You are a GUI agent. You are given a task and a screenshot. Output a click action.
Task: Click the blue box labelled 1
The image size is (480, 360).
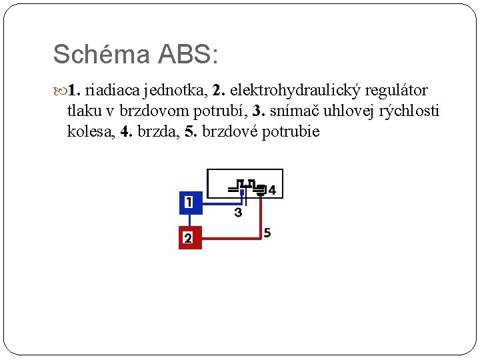coord(190,202)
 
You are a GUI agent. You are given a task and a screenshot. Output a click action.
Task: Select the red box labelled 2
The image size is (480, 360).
coord(190,238)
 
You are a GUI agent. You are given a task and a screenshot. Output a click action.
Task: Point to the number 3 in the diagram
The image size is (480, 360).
coord(238,213)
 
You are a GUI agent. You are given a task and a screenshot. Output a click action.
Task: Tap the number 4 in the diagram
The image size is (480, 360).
coord(271,191)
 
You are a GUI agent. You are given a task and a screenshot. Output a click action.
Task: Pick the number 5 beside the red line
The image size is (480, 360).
coord(267,233)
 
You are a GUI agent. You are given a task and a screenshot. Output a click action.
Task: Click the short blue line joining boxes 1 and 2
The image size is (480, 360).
coord(190,220)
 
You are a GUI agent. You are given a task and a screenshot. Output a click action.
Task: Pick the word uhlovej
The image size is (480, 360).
coord(351,111)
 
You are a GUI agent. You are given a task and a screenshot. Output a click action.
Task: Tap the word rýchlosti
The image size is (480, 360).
coord(409,111)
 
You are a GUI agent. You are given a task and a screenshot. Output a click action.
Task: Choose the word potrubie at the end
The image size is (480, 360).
coord(291,131)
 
